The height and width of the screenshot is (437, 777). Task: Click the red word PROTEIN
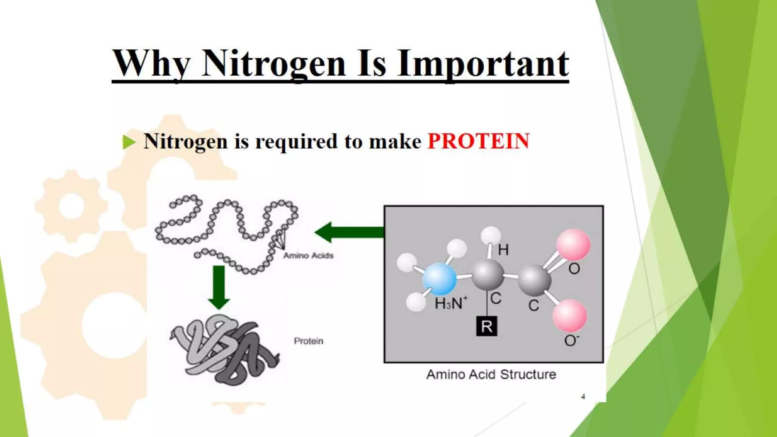[478, 141]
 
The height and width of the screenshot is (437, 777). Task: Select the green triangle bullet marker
[129, 142]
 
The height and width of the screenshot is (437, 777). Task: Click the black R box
[486, 326]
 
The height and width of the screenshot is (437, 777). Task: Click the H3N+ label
[451, 303]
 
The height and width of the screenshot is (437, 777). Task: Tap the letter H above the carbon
[503, 250]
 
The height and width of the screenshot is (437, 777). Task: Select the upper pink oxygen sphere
[573, 244]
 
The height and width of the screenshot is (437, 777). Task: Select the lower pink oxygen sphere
[569, 315]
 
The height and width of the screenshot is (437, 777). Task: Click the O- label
[571, 340]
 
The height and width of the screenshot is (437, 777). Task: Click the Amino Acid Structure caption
[491, 374]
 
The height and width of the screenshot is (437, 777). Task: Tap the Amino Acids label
[308, 256]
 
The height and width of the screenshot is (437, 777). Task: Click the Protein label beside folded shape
[308, 341]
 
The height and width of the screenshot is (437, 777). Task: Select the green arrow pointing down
[219, 287]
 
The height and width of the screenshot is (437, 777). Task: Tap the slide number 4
[583, 397]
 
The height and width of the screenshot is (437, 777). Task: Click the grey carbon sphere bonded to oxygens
[534, 280]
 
